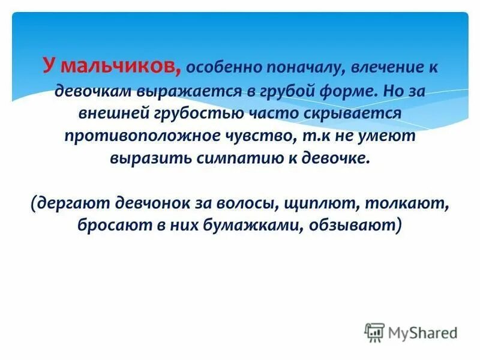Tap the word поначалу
[x=302, y=67]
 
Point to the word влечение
[x=386, y=67]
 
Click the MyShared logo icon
[x=374, y=332]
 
